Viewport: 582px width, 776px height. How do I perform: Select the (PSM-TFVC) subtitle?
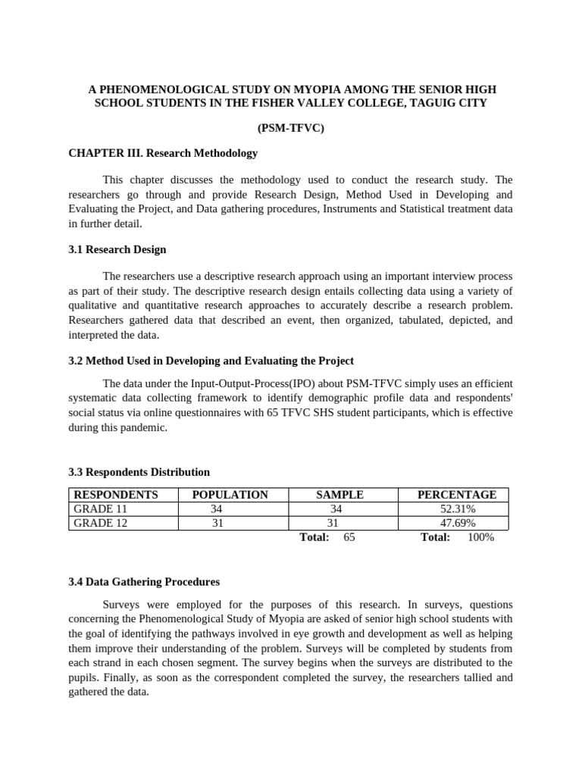coord(291,128)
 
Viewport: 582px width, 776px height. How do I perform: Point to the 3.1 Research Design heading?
coord(117,249)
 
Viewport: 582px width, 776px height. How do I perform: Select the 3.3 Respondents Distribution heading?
coord(139,472)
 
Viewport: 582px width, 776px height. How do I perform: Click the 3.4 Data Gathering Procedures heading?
coord(144,582)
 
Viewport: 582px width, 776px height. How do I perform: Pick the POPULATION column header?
coord(230,495)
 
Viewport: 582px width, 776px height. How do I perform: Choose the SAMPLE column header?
coord(339,495)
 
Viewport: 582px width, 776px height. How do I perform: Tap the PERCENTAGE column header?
coord(457,495)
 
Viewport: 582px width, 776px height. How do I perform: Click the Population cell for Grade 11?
coord(217,509)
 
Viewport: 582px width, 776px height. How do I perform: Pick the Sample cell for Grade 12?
coord(333,523)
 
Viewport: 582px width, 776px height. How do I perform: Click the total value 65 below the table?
coord(349,537)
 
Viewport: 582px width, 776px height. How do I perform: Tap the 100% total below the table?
coord(481,537)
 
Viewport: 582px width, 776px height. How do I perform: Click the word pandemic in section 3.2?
coord(142,427)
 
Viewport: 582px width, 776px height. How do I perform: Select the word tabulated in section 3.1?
coord(416,321)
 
